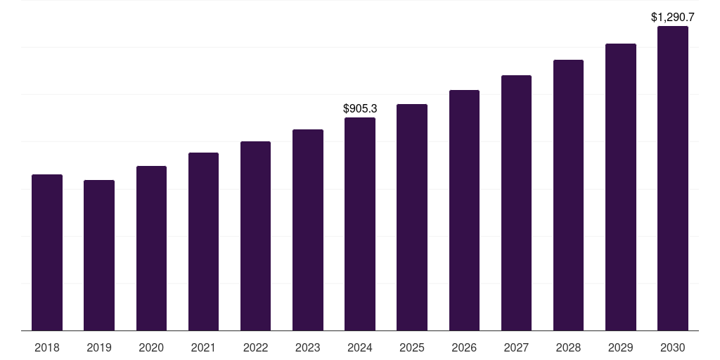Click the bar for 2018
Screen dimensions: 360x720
tap(47, 252)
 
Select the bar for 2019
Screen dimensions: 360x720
tap(99, 255)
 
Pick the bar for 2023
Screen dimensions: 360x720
tap(308, 230)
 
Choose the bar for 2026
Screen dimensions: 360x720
tap(464, 210)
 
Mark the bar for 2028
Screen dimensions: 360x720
tap(568, 195)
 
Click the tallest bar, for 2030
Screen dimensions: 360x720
tap(673, 179)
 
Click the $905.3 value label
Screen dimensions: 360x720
tap(360, 108)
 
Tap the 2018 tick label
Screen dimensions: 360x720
tap(47, 347)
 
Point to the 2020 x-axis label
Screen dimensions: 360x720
tap(151, 347)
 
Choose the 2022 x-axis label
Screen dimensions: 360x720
tap(255, 347)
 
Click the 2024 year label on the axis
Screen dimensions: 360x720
tap(360, 347)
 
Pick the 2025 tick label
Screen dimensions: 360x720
tap(412, 347)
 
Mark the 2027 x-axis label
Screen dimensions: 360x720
tap(516, 347)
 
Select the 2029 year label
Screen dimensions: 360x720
tap(620, 347)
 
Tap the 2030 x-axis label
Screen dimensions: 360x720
tap(673, 347)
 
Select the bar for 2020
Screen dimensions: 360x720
tap(151, 248)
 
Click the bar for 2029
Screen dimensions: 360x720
tap(620, 187)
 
